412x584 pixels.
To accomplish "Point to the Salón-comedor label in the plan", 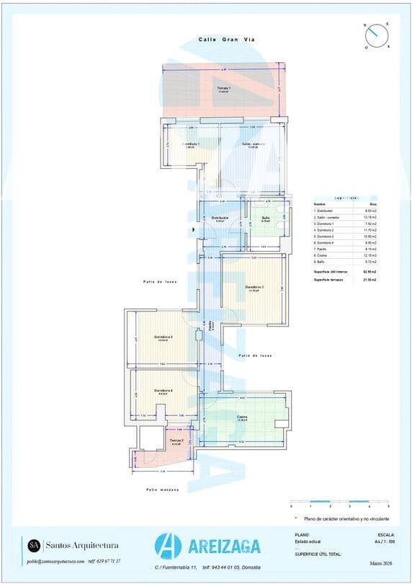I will pyautogui.click(x=253, y=144).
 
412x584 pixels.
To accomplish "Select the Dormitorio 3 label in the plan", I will pyautogui.click(x=163, y=337).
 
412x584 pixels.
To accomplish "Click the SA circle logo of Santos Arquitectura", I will pyautogui.click(x=34, y=544).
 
